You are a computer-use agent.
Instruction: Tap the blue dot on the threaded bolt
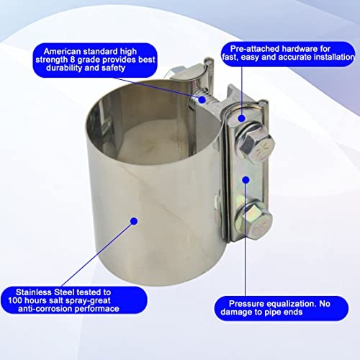coord(202,99)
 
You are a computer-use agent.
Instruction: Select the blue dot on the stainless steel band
coord(134,221)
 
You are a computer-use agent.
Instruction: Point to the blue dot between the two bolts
coord(246,180)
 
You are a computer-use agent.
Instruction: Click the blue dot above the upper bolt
coord(242,118)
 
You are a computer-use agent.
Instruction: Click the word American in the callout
coord(62,51)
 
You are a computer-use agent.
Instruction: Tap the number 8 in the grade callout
coord(73,60)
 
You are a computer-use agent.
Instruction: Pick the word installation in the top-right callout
coord(334,57)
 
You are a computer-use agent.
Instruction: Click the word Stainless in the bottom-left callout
coord(34,292)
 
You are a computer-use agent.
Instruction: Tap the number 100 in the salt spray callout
coord(15,300)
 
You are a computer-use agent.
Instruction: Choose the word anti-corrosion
coord(45,309)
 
